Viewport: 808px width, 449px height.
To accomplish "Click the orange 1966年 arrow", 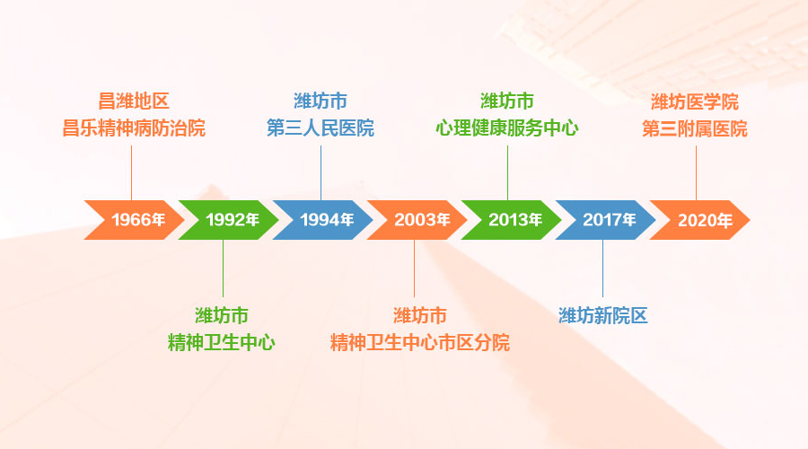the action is click(135, 220).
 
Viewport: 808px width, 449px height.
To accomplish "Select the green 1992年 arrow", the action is click(229, 220).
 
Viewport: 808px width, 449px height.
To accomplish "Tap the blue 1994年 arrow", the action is click(323, 220).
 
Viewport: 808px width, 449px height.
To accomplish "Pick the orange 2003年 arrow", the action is click(417, 220).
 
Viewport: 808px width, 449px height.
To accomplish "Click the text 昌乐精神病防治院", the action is click(134, 128).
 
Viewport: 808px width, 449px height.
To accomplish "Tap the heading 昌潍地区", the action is click(134, 101).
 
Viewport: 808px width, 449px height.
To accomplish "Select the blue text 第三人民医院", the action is click(321, 128).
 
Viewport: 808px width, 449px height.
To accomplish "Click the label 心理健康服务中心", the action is click(507, 128).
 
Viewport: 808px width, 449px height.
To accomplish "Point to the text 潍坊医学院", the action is click(695, 102).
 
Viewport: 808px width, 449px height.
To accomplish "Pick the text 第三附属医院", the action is click(695, 129).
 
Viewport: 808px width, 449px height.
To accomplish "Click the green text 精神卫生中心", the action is click(222, 343).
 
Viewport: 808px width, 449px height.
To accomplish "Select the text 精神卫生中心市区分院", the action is click(420, 343).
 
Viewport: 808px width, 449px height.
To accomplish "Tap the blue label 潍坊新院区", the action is click(603, 316).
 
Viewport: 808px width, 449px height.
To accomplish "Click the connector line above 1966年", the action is click(131, 173).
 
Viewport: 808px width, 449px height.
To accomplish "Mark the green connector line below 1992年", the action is click(224, 269).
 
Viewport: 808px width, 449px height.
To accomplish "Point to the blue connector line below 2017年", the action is click(603, 269).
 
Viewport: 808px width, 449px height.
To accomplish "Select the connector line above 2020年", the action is click(696, 173).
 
